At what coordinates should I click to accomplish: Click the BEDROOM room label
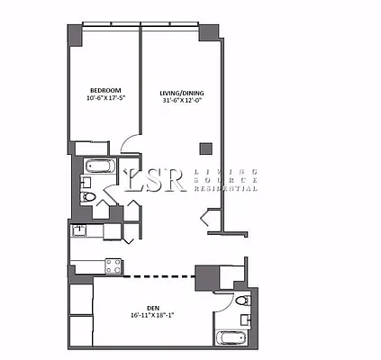click(x=106, y=89)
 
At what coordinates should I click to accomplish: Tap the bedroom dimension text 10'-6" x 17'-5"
click(x=106, y=98)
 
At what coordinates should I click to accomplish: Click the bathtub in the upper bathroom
click(x=97, y=167)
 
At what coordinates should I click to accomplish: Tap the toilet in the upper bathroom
click(x=87, y=195)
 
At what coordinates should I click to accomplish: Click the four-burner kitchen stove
click(x=113, y=265)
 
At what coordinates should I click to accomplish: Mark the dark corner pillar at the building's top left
click(x=72, y=34)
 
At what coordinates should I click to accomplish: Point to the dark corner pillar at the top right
click(x=209, y=32)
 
